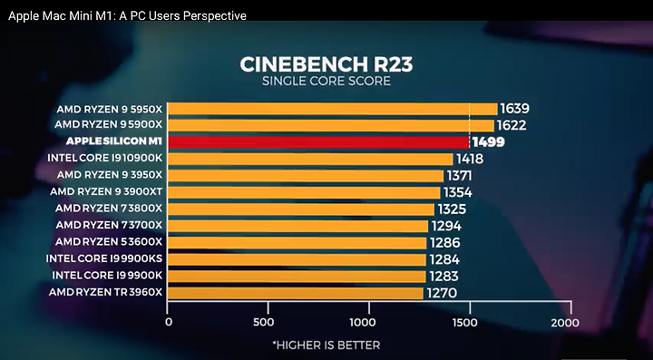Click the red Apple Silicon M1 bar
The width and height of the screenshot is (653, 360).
tap(318, 142)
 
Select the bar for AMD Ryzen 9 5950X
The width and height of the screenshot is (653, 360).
tap(332, 109)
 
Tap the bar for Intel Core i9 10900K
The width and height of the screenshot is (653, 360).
tap(310, 159)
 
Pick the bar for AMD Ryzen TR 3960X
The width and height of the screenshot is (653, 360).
tap(296, 293)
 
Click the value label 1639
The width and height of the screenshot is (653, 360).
tap(515, 109)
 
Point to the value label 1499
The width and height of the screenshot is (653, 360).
tap(488, 142)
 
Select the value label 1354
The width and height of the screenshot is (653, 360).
tap(458, 192)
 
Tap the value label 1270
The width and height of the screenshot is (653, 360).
tap(442, 293)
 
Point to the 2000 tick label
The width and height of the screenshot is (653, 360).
tap(565, 323)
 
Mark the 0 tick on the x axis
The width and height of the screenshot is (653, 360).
tap(169, 323)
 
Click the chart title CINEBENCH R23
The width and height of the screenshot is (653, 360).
tap(326, 64)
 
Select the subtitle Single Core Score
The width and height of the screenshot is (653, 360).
tap(326, 81)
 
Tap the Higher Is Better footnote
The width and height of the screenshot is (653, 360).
tap(326, 345)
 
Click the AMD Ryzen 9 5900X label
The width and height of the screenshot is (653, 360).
tap(109, 125)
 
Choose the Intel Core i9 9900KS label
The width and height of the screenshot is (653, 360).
tap(104, 258)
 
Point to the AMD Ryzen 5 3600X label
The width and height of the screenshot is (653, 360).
tap(109, 242)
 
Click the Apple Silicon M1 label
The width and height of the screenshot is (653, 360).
tap(114, 141)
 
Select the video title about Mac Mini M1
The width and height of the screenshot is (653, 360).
tap(128, 16)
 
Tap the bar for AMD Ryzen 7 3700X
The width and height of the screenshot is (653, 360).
tap(297, 226)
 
